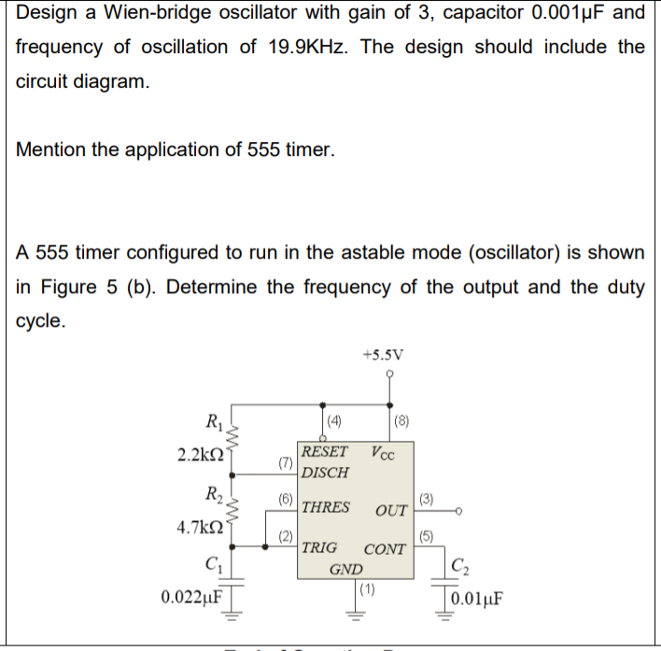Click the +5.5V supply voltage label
click(x=384, y=354)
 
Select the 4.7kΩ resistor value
click(x=198, y=527)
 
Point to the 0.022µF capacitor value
click(x=191, y=596)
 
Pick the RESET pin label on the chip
click(x=324, y=452)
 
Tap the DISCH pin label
click(x=326, y=473)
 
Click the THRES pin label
click(x=326, y=507)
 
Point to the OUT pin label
click(x=391, y=510)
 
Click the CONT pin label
click(x=385, y=549)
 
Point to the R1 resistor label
click(x=213, y=420)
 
